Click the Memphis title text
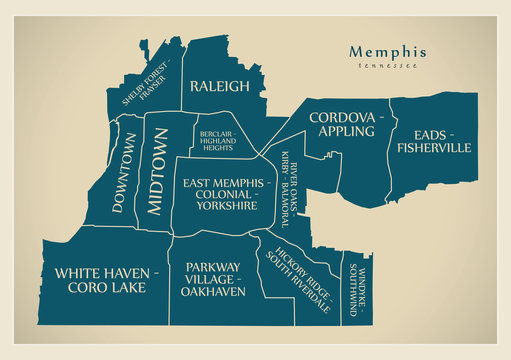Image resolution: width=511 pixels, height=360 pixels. click(x=388, y=52)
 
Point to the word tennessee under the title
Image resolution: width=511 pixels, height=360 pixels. click(x=388, y=67)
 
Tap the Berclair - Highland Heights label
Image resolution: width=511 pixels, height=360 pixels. click(x=217, y=142)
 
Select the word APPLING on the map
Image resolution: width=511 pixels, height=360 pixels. click(x=344, y=131)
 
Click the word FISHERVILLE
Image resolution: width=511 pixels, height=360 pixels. click(x=433, y=148)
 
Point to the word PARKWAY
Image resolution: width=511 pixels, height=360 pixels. click(x=211, y=268)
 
